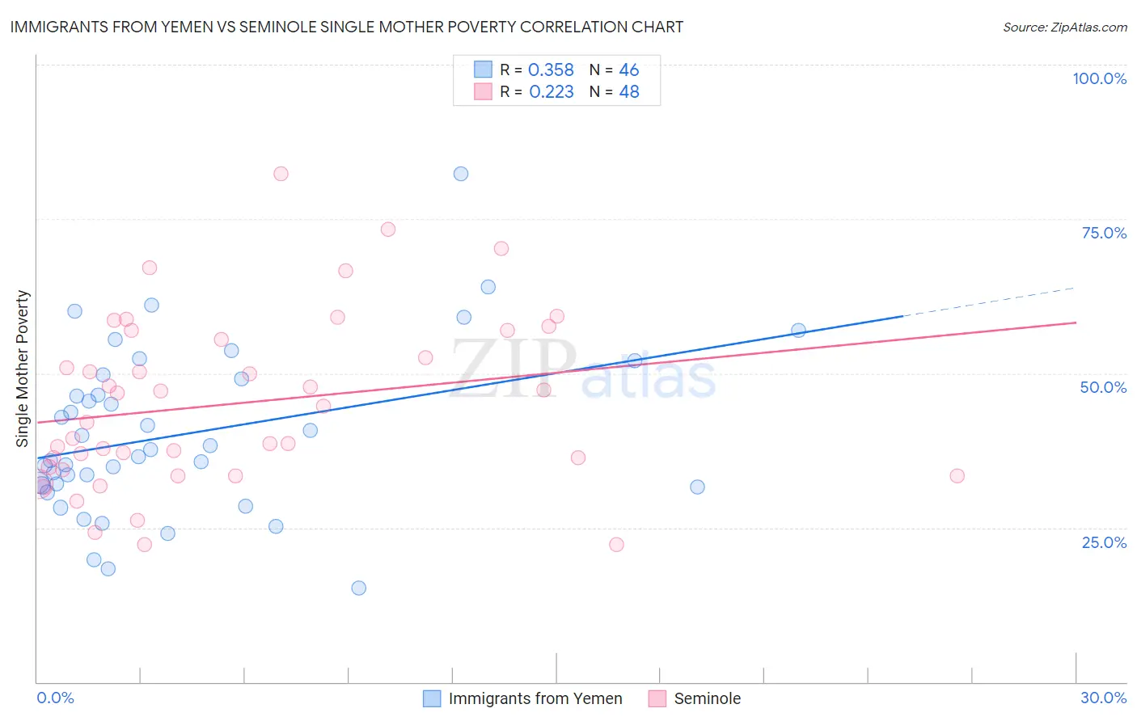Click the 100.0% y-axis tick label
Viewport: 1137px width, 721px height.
1099,78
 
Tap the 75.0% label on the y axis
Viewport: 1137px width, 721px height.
1104,233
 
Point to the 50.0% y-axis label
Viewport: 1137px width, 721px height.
1103,387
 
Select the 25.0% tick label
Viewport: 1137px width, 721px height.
1104,542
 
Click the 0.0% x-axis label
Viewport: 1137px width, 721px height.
55,698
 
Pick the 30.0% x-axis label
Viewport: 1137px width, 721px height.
1103,698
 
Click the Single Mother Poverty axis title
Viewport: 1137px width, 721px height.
23,369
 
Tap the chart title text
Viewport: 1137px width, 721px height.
347,27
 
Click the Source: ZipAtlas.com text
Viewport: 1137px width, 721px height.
1064,27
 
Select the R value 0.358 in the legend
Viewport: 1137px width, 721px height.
551,70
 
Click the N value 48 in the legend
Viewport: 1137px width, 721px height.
629,92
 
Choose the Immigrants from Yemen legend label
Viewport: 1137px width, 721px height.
535,698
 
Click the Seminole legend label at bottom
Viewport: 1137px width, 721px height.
707,698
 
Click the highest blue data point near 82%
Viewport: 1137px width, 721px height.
461,174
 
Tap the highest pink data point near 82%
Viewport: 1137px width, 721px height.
281,174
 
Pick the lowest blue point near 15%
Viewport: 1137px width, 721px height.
359,588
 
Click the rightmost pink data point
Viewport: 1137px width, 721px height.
957,476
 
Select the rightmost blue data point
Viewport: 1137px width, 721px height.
798,330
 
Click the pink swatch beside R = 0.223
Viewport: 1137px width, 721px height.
483,92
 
